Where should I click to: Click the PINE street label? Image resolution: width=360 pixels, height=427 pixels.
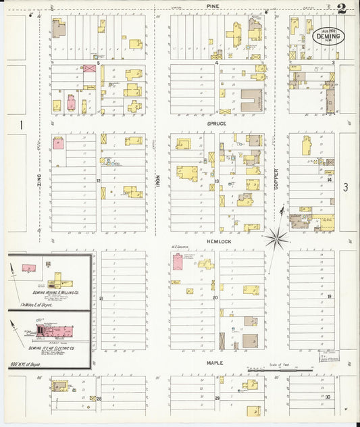pyautogui.click(x=213, y=5)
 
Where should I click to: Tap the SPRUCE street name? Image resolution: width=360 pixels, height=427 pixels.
pyautogui.click(x=217, y=124)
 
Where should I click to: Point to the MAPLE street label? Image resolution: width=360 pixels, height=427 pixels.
pyautogui.click(x=215, y=363)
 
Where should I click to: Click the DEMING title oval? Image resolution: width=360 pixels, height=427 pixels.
pyautogui.click(x=327, y=35)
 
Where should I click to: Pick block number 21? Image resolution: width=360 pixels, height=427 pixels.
pyautogui.click(x=101, y=298)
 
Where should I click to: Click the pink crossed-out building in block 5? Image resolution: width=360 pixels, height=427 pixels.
pyautogui.click(x=88, y=69)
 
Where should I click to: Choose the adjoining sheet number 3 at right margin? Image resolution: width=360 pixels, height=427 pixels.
pyautogui.click(x=344, y=188)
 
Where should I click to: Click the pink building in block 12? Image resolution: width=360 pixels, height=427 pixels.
pyautogui.click(x=58, y=143)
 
